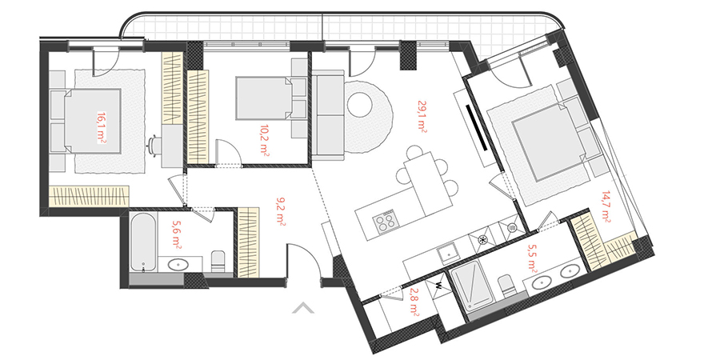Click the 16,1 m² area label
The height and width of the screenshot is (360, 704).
101,127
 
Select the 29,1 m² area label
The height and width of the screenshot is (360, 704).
422,116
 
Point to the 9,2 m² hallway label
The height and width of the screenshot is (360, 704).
282,211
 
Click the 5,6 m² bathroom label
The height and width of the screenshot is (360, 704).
177,234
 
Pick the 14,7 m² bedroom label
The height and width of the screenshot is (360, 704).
606,207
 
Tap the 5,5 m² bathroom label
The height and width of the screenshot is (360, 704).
533,258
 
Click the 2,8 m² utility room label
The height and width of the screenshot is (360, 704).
414,302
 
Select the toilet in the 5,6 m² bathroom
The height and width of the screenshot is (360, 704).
218,262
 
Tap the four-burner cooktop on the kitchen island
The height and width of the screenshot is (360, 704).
385,221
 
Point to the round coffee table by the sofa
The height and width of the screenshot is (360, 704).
360,105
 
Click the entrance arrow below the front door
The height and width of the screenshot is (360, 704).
303,307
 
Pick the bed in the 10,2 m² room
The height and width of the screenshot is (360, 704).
265,98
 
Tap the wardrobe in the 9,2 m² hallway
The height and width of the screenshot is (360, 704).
248,242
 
